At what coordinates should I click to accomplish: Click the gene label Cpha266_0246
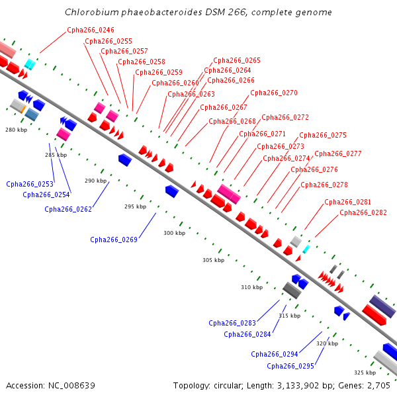coord(91,30)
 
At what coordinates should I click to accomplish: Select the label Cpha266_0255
coord(109,41)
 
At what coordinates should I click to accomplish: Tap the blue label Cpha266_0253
coord(30,184)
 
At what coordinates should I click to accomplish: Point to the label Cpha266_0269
coord(114,240)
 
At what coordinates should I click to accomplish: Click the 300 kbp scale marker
coord(175,233)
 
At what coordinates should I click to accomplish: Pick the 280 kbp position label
coord(16,130)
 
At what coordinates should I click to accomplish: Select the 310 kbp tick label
coord(252,287)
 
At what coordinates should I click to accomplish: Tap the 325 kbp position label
coord(365,373)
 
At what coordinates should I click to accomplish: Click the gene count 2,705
coord(378,386)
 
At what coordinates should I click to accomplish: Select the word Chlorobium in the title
coord(92,12)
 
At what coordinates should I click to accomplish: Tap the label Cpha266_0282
coord(363,212)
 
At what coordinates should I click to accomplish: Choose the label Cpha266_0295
coord(290,366)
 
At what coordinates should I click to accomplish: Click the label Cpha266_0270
coord(274,93)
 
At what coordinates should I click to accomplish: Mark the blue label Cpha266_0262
coord(68,209)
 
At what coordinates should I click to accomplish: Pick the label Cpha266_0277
coord(338,154)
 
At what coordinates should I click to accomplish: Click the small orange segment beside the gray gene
coord(23,110)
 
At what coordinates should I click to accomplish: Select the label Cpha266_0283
coord(232,323)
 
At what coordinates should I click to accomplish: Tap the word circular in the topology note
coord(228,386)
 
